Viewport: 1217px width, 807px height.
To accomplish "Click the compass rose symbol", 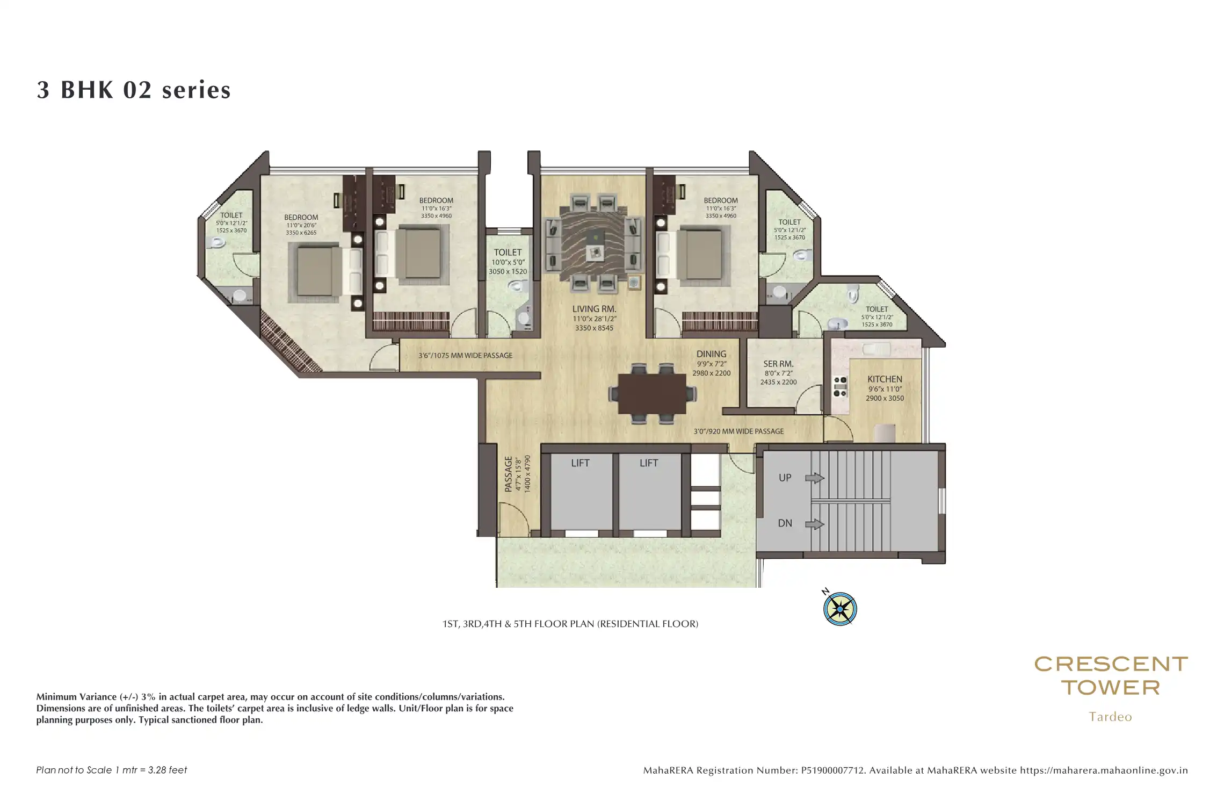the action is pyautogui.click(x=839, y=609).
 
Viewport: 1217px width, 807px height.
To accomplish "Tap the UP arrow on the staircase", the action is pyautogui.click(x=815, y=478).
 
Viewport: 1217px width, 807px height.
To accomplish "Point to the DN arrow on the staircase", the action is pyautogui.click(x=815, y=524).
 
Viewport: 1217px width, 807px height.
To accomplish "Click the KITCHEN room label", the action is pyautogui.click(x=885, y=379).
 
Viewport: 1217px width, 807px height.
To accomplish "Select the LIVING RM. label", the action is pyautogui.click(x=594, y=309).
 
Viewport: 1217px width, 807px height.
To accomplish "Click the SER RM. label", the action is pyautogui.click(x=778, y=364).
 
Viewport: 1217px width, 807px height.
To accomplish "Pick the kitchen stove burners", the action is pyautogui.click(x=839, y=386).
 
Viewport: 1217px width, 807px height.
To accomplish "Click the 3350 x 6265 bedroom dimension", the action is pyautogui.click(x=301, y=233).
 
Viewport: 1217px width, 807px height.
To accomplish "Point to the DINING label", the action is pyautogui.click(x=711, y=354).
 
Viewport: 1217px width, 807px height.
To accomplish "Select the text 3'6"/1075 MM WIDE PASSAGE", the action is pyautogui.click(x=465, y=356).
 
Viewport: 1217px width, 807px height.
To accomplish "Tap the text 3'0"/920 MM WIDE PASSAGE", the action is pyautogui.click(x=738, y=431).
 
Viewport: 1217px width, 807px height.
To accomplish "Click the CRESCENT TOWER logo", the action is pyautogui.click(x=1111, y=676).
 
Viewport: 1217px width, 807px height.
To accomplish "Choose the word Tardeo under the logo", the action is pyautogui.click(x=1110, y=717).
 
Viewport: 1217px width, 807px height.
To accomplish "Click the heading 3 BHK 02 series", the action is pyautogui.click(x=134, y=90).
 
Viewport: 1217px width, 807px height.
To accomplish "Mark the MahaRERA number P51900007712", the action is pyautogui.click(x=833, y=770).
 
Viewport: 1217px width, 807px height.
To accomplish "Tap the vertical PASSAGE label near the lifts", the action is pyautogui.click(x=508, y=474).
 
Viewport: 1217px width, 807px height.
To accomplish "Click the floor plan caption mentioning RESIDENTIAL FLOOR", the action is pyautogui.click(x=570, y=624).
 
